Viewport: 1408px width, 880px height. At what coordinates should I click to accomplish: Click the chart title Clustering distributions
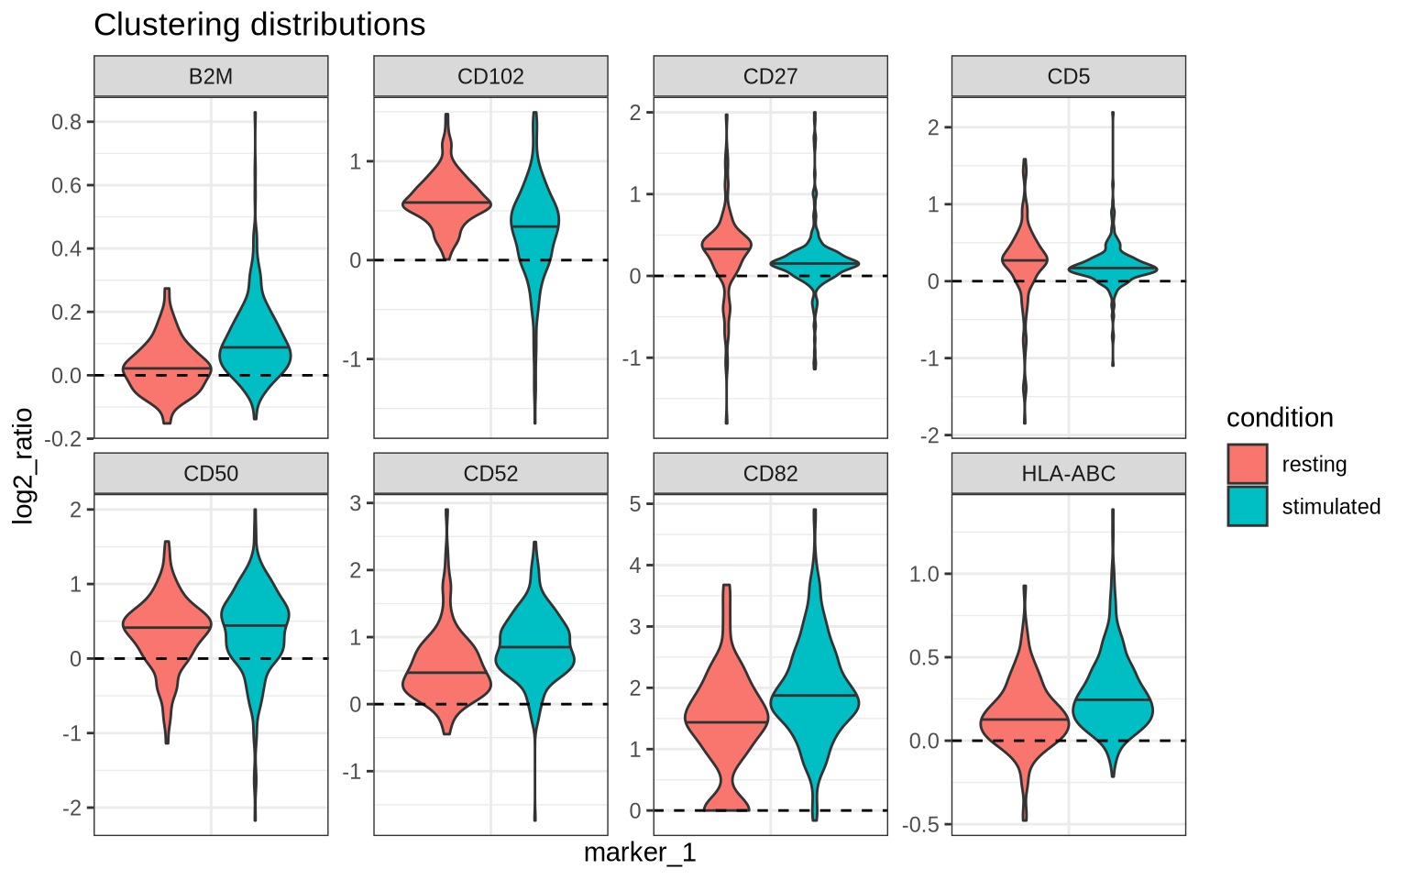click(259, 25)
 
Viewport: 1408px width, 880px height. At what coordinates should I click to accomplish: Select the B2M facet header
click(211, 76)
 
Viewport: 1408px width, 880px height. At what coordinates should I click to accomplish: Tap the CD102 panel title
click(490, 76)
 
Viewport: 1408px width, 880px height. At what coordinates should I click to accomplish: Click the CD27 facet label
click(770, 76)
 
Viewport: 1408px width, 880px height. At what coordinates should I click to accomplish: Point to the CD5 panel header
click(1068, 76)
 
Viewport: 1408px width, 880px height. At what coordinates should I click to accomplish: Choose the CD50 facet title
click(211, 473)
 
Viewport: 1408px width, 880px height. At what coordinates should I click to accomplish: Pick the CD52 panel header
click(490, 473)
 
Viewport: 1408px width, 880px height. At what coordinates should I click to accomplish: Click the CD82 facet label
click(770, 473)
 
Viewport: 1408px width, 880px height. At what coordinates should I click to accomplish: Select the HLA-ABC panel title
click(1068, 473)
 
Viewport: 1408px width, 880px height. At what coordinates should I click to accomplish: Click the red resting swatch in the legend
click(1247, 464)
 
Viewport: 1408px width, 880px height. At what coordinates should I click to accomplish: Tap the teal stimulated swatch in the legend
click(1247, 506)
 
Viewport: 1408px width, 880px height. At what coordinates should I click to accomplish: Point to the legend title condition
click(1280, 418)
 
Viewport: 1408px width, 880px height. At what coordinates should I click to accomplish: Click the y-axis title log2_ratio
click(23, 466)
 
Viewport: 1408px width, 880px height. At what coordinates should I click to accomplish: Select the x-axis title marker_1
click(640, 853)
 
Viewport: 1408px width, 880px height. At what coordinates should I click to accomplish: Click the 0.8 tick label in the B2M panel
click(69, 122)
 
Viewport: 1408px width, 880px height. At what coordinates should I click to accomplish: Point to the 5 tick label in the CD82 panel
click(635, 503)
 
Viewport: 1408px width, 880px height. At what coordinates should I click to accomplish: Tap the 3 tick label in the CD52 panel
click(356, 502)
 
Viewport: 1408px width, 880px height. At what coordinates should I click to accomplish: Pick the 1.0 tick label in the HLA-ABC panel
click(925, 574)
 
